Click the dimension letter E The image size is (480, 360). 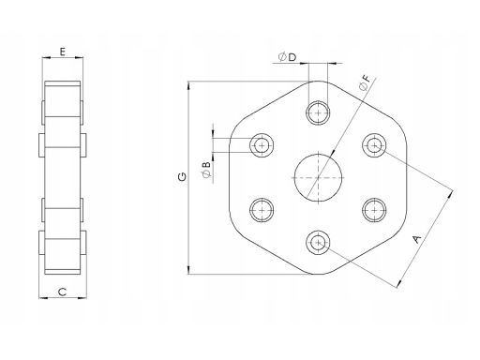63,52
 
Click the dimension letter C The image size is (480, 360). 63,292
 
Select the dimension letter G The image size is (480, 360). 182,176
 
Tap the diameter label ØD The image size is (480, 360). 287,57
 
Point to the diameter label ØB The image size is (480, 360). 206,170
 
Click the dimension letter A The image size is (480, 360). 417,239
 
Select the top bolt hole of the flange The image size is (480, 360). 318,112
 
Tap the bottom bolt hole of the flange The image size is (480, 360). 318,243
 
